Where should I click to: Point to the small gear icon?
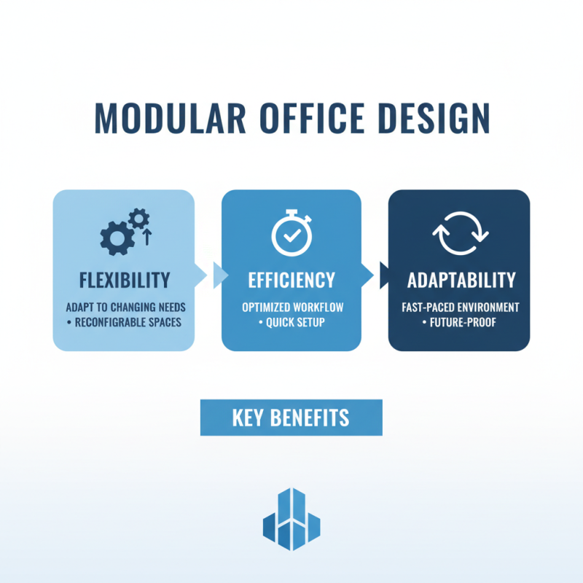coord(138,218)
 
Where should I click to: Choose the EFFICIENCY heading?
coord(291,280)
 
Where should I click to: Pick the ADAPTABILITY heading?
coord(459,280)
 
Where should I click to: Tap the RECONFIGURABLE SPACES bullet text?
coord(125,321)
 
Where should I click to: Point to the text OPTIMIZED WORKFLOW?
coord(291,308)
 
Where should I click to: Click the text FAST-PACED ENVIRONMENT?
coord(459,308)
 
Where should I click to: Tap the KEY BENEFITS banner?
coord(291,418)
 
